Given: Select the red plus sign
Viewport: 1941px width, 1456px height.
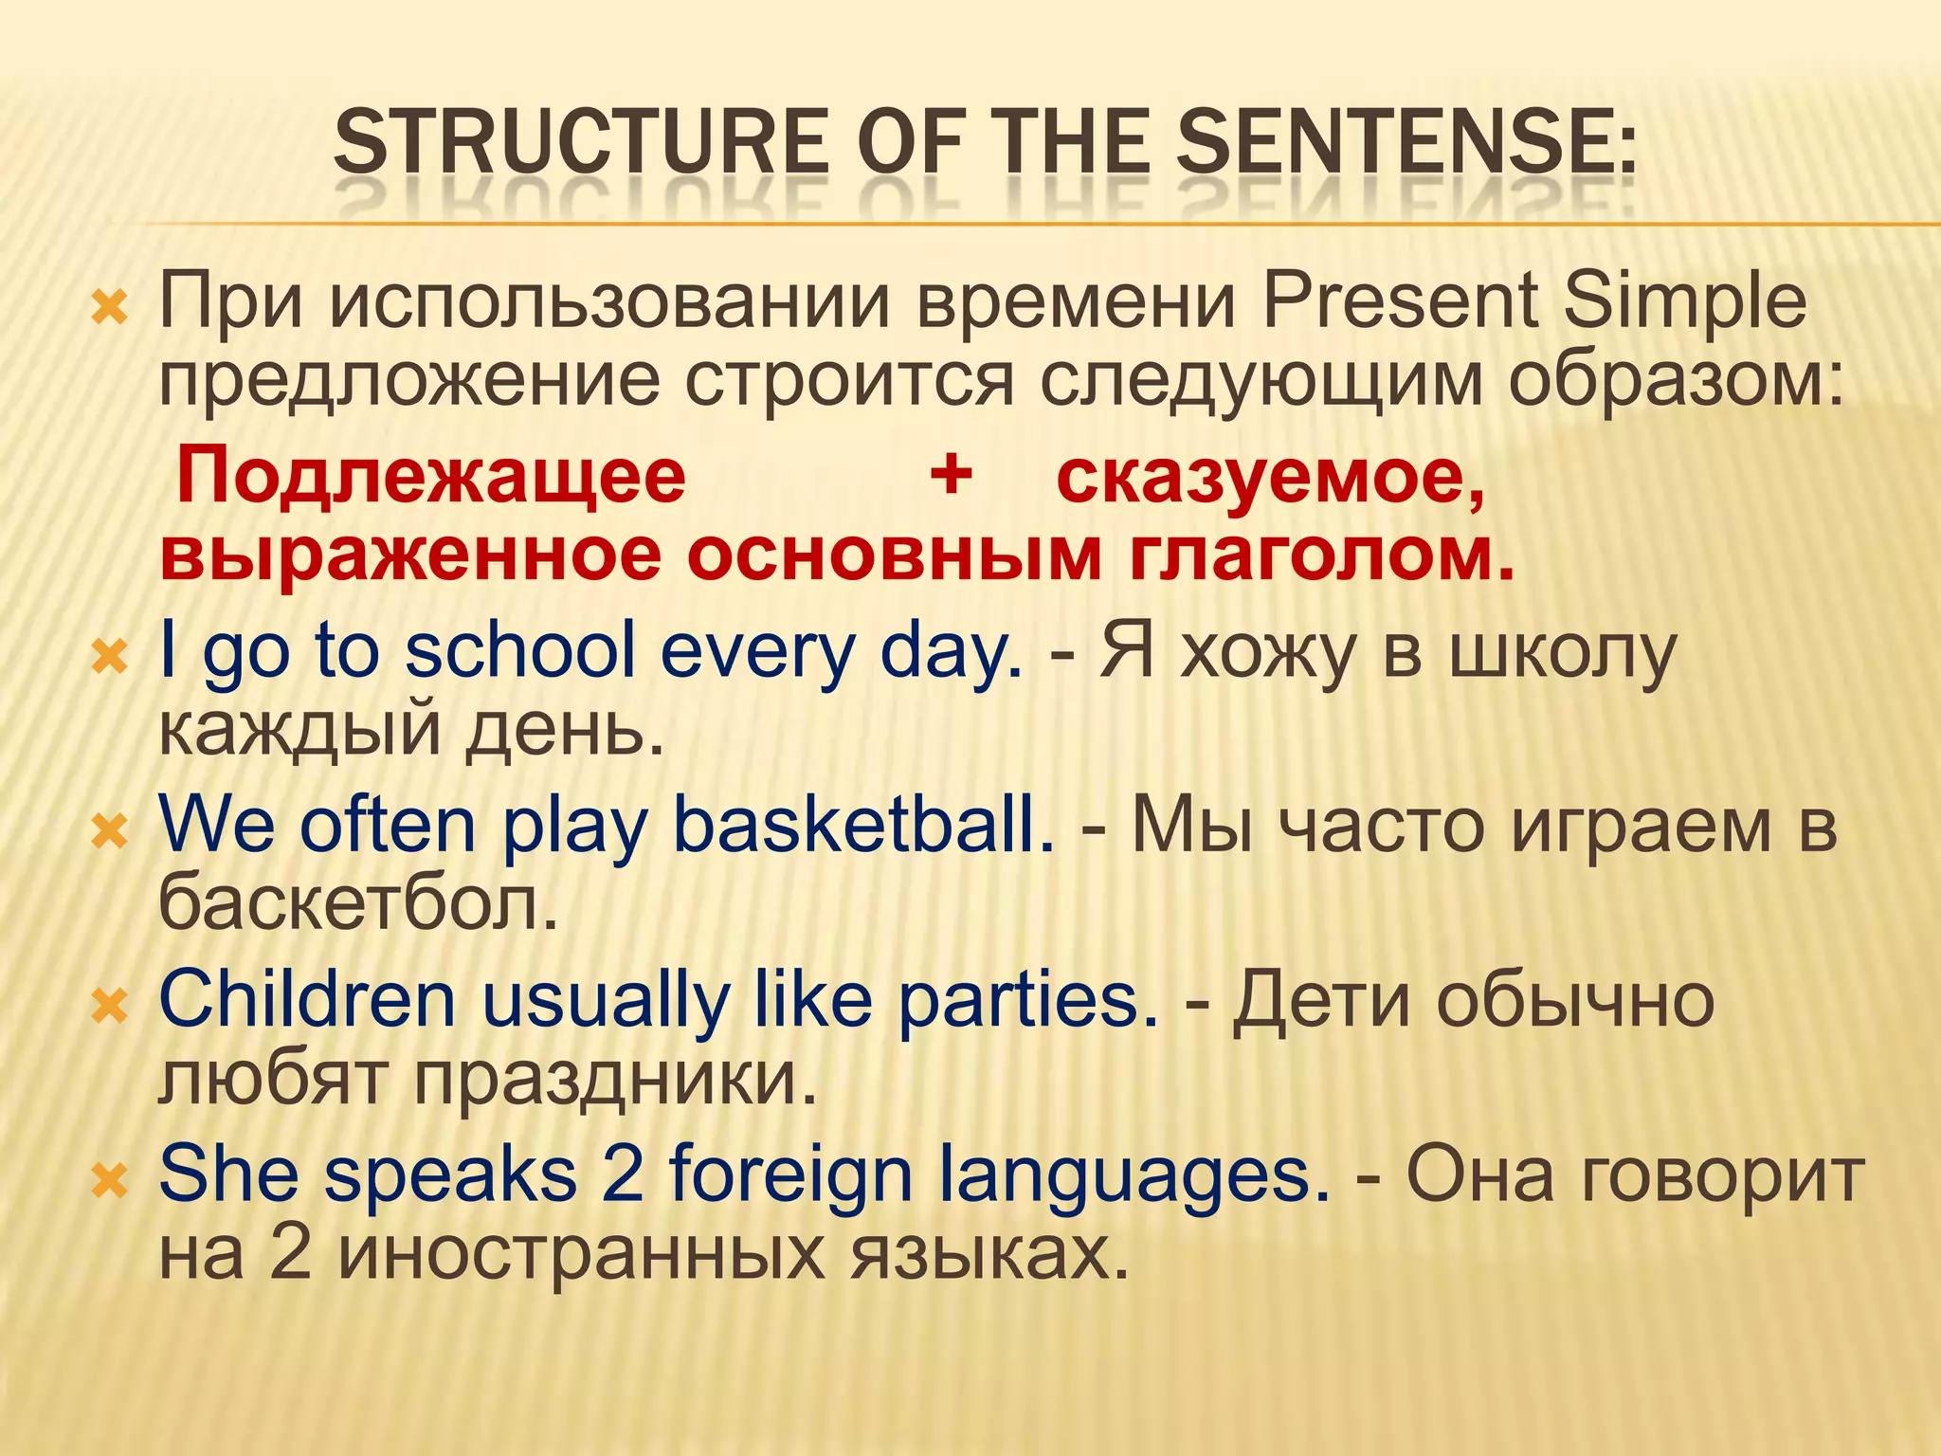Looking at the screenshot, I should pos(951,474).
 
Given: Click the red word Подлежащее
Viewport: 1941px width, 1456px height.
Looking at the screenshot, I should pos(431,477).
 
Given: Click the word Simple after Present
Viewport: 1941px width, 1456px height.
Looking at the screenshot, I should pos(1684,301).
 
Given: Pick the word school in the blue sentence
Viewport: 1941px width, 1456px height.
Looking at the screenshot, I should pos(519,652).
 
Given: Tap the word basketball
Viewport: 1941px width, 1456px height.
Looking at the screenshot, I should pos(862,825).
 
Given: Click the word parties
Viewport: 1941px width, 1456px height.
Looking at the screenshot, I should pos(1027,1001).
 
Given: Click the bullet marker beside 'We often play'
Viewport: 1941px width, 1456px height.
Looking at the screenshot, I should pos(110,832).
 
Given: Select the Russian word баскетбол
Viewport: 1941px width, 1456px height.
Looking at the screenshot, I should pos(358,902).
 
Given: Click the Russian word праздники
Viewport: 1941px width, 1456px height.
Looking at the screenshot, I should pos(615,1079).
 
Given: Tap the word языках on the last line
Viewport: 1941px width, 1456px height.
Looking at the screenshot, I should pos(989,1254).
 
